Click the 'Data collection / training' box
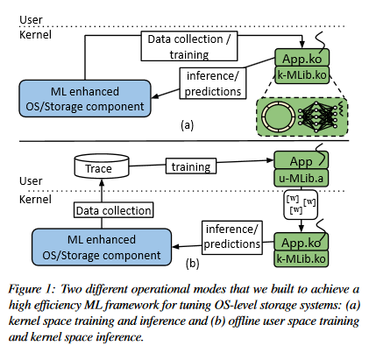(x=189, y=46)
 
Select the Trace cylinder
(x=102, y=166)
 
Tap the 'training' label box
(x=191, y=166)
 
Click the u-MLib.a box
(x=301, y=178)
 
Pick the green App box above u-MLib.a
(x=301, y=160)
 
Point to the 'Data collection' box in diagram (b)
(x=113, y=210)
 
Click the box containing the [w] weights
(x=301, y=205)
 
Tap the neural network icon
(x=317, y=116)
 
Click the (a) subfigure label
(x=188, y=125)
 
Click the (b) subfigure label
(x=193, y=263)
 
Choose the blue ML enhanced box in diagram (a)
(x=85, y=99)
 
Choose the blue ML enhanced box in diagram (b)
(x=102, y=247)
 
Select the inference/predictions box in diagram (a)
(x=213, y=83)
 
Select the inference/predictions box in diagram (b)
(x=232, y=237)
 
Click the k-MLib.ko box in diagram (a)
(x=302, y=75)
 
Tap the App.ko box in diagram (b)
(x=301, y=242)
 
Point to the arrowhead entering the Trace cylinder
(x=102, y=182)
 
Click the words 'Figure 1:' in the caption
(x=32, y=289)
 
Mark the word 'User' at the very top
(x=31, y=19)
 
